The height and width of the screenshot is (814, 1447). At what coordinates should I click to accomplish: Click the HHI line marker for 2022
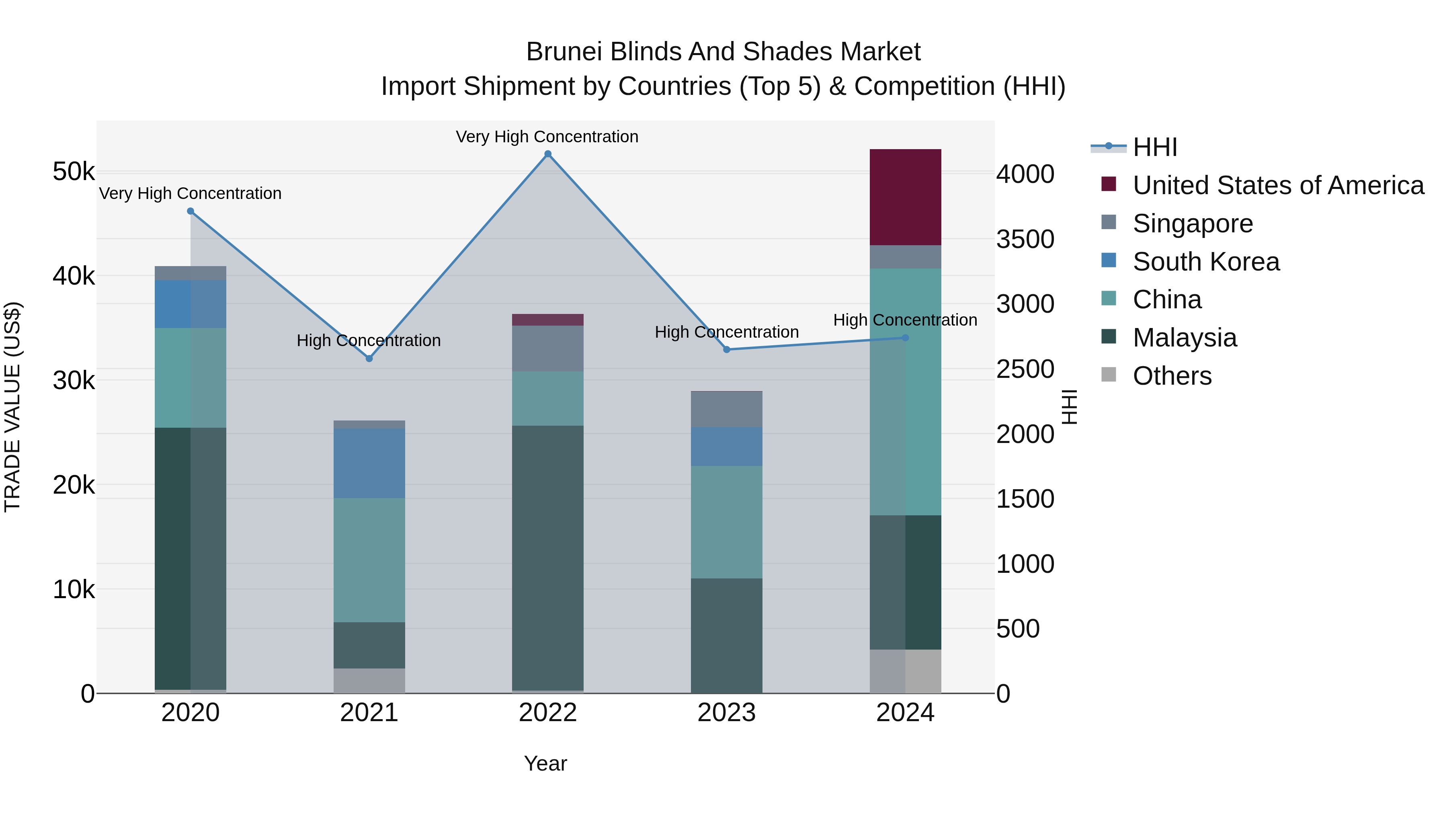(548, 154)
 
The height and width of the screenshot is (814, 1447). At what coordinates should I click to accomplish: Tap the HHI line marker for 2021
(369, 359)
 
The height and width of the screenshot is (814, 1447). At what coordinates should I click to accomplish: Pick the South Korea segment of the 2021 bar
(369, 463)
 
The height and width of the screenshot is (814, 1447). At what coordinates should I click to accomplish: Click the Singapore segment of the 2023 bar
(726, 409)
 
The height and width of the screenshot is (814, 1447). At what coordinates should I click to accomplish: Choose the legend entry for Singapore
(1192, 223)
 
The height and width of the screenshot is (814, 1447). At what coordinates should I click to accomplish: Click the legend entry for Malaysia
(1184, 338)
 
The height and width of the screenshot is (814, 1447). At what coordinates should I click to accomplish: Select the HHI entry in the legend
(1154, 147)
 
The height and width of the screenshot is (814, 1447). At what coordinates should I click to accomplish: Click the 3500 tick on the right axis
(1025, 239)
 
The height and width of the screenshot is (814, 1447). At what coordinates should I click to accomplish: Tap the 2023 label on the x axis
(726, 713)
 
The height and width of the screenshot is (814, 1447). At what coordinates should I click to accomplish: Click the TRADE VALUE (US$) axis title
(12, 407)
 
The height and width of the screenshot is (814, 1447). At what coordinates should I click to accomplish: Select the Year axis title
(545, 763)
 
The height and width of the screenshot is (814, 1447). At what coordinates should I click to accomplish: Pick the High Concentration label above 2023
(726, 332)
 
